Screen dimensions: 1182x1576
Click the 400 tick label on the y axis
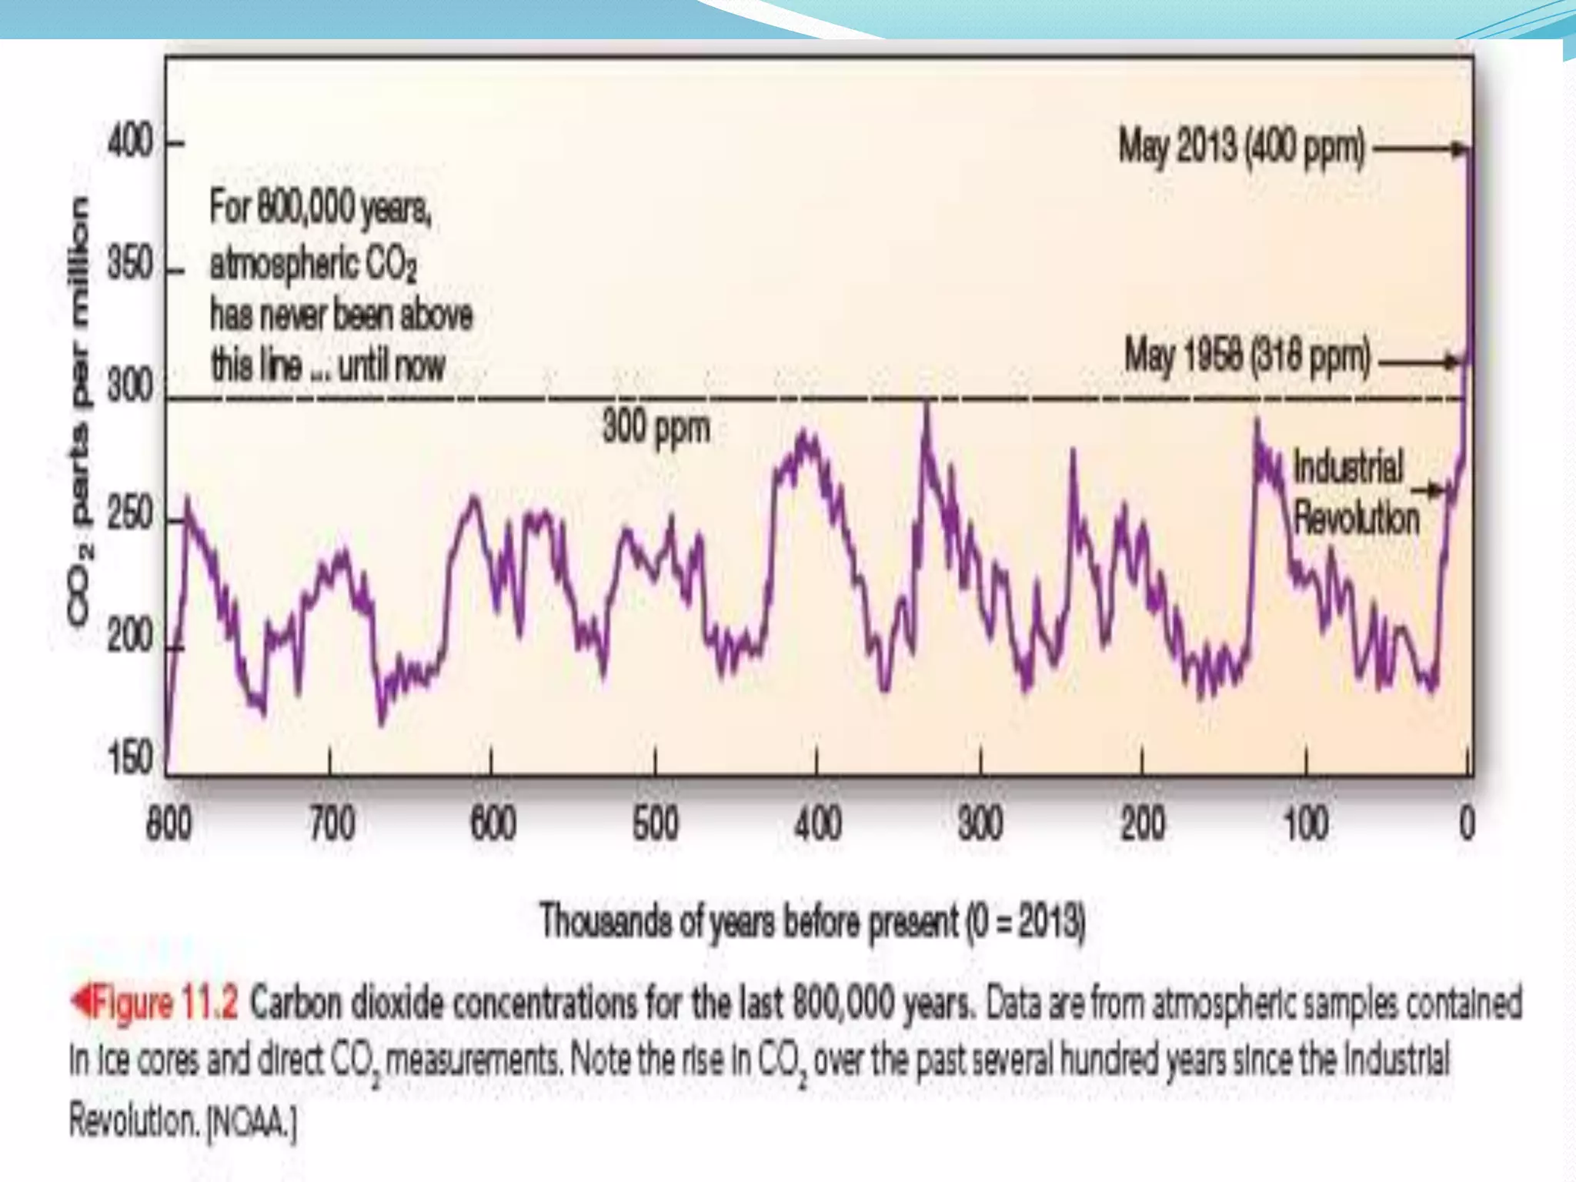click(130, 142)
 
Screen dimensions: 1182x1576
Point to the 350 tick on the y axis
click(130, 265)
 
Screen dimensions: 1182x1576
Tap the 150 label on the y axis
click(130, 758)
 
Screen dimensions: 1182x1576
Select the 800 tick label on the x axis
click(169, 823)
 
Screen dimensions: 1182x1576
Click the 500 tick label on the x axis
click(655, 823)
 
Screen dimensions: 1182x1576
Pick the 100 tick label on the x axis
click(1305, 823)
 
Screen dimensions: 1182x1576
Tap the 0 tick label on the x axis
click(1467, 823)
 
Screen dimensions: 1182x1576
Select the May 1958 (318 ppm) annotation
click(1247, 356)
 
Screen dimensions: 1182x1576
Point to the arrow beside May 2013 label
click(1420, 149)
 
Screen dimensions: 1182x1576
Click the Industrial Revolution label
click(1354, 492)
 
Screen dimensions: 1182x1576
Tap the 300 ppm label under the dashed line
click(656, 428)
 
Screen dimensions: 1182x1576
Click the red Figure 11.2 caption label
click(154, 1003)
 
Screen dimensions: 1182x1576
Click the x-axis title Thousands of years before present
click(812, 920)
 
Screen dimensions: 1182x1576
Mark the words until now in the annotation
click(391, 365)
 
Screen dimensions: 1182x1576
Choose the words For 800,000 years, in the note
click(319, 208)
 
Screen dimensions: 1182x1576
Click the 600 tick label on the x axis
click(492, 823)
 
